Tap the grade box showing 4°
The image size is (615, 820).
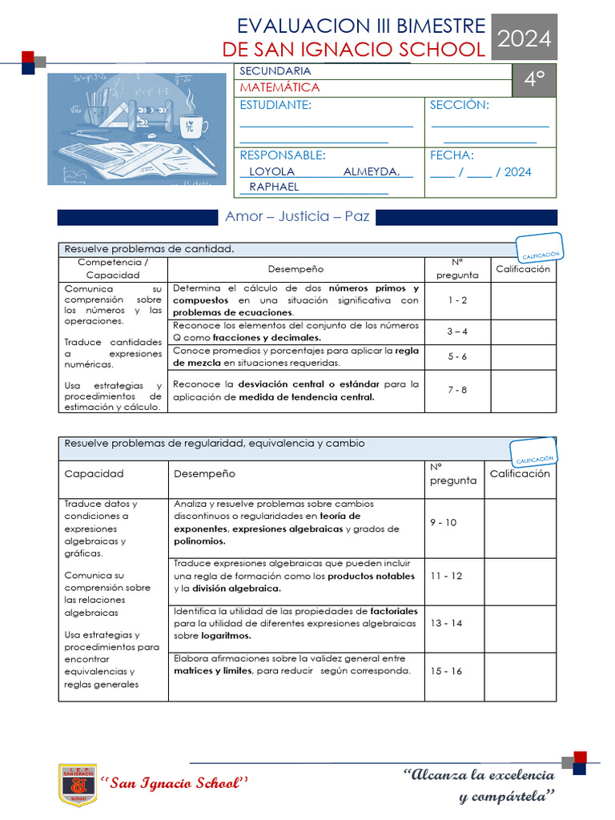click(x=534, y=80)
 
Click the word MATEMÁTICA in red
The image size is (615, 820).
click(x=279, y=87)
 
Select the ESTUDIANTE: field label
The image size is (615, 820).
click(x=275, y=106)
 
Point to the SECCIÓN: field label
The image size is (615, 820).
click(x=460, y=106)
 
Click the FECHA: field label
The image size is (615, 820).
click(x=452, y=155)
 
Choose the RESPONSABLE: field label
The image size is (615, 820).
click(x=283, y=155)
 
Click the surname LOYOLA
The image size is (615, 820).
click(x=272, y=171)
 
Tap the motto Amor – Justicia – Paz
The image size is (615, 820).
click(x=297, y=216)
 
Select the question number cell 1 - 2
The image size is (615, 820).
click(x=457, y=299)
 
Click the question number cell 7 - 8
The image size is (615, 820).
click(x=457, y=390)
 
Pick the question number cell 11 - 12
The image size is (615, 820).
click(x=446, y=576)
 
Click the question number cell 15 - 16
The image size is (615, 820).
click(x=446, y=671)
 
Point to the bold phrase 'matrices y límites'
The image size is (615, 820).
click(x=212, y=671)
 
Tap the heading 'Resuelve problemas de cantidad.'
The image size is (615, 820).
click(x=149, y=249)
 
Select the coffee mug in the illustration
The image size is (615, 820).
click(x=193, y=126)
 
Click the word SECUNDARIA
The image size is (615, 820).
click(x=275, y=71)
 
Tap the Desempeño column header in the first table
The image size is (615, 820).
click(x=296, y=269)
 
